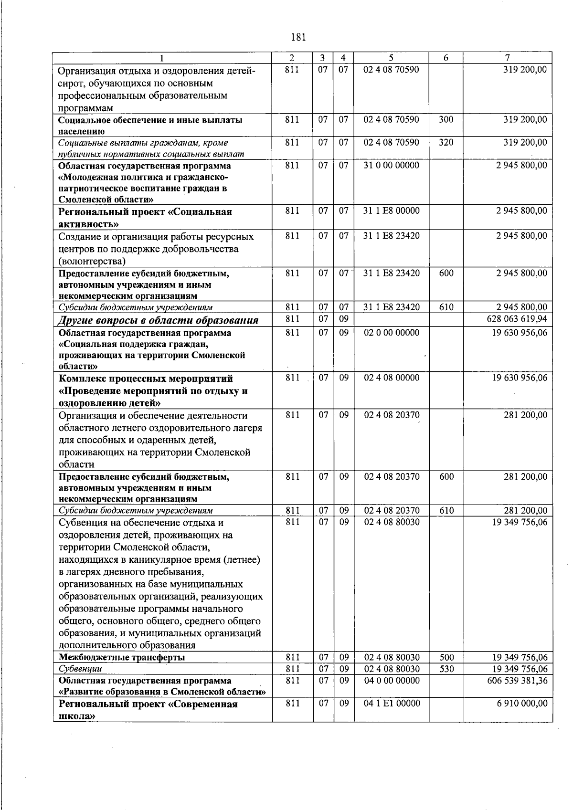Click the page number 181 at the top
[298, 37]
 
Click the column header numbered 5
[391, 58]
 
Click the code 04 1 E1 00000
[392, 704]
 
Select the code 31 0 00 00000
[391, 165]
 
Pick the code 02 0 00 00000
[391, 332]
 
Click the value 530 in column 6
[446, 669]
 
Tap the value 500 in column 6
[446, 657]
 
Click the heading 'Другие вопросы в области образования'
[158, 320]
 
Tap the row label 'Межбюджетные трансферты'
[121, 657]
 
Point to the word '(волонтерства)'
[92, 261]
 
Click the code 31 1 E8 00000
[391, 210]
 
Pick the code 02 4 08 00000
[391, 378]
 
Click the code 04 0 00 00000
[391, 680]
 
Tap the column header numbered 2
[292, 58]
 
